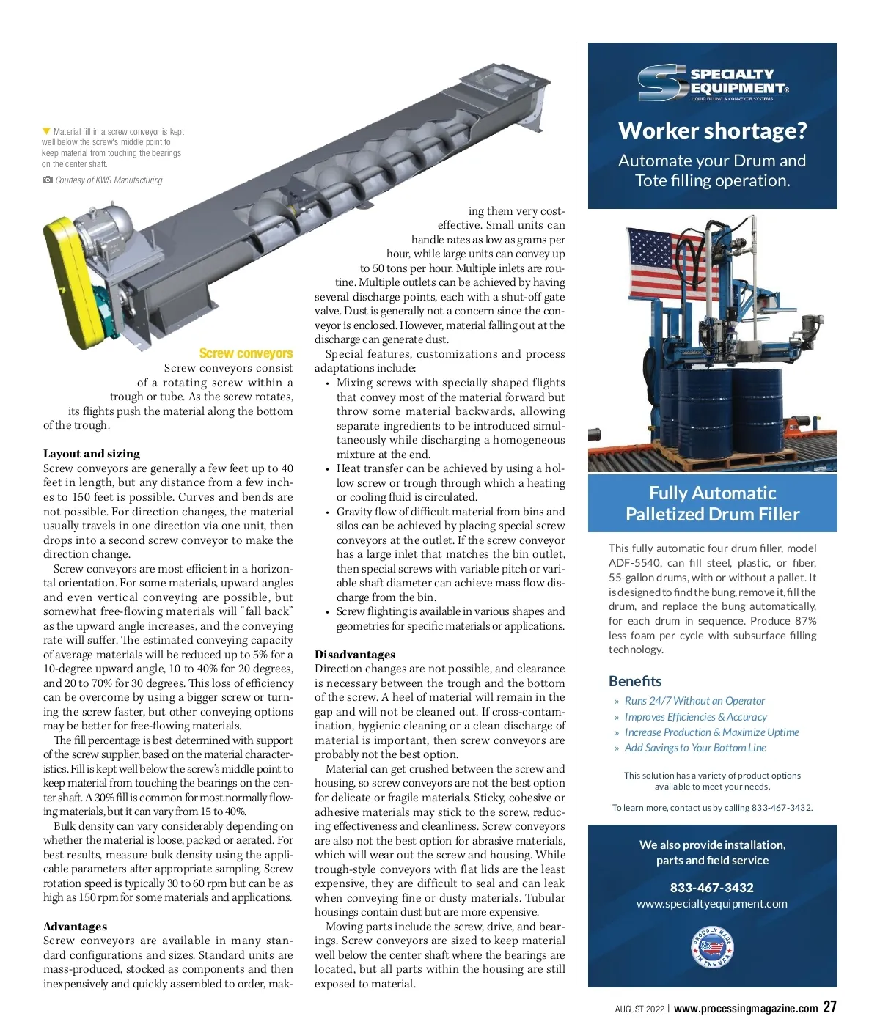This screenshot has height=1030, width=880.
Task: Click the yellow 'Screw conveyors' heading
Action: (x=246, y=353)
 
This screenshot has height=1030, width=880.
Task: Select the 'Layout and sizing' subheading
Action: (x=92, y=454)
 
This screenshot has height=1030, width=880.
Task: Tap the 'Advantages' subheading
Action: (x=75, y=927)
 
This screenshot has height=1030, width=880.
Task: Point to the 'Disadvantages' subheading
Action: (x=355, y=655)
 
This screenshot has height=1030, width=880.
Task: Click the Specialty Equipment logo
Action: (x=712, y=84)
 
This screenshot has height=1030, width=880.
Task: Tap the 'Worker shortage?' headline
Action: (x=712, y=130)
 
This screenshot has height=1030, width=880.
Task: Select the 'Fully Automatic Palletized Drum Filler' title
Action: (x=712, y=503)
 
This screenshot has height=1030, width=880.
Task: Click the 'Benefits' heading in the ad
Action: (x=635, y=681)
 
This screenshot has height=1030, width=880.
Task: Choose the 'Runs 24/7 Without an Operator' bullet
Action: (x=694, y=701)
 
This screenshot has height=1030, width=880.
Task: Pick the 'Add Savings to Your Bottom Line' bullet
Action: (x=694, y=748)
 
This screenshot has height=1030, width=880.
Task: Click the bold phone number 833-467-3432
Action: (x=712, y=888)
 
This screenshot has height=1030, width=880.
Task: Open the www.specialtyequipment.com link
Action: (x=712, y=904)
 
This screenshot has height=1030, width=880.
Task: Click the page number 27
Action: (x=829, y=1007)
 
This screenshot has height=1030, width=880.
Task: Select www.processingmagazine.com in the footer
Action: (x=746, y=1009)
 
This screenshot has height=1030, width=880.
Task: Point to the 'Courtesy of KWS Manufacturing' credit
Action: (x=109, y=180)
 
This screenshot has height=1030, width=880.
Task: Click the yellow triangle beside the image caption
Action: (x=47, y=132)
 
